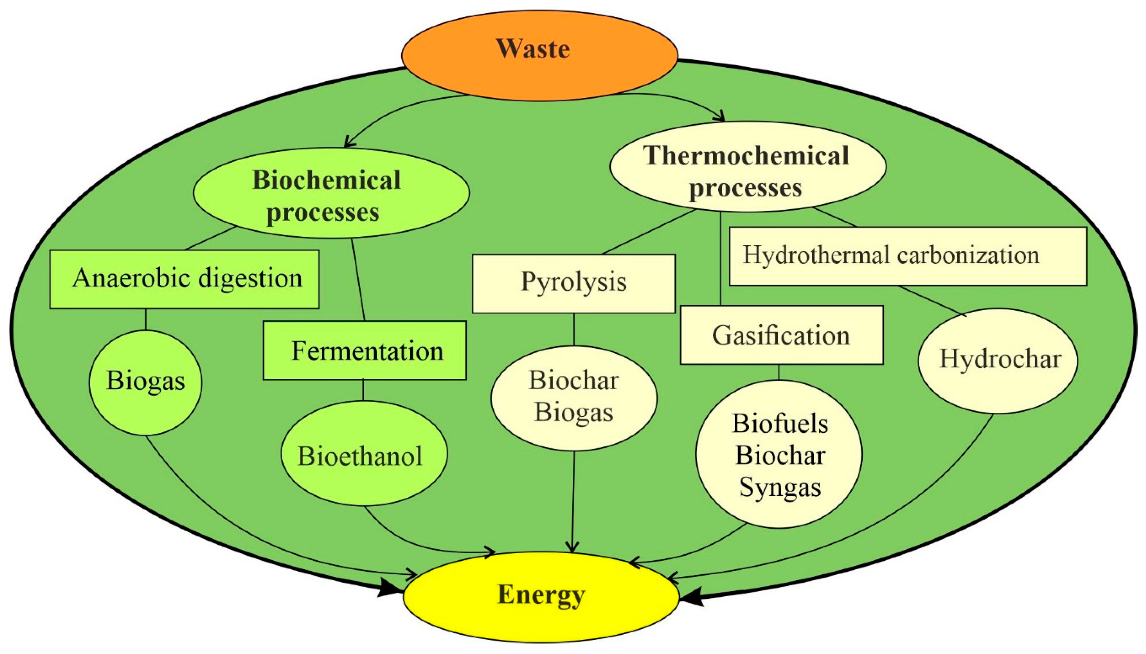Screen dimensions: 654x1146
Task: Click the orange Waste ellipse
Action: [x=539, y=54]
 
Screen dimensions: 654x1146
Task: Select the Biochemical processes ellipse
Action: [x=331, y=193]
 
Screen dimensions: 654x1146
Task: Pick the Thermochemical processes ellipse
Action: [x=747, y=166]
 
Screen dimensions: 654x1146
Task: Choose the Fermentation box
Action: [x=365, y=350]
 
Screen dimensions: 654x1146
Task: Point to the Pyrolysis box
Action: [x=573, y=283]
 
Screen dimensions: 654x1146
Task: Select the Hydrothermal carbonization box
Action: [x=907, y=256]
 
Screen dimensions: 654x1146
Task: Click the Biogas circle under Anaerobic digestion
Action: [x=146, y=382]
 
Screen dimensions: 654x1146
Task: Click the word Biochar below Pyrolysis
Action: [x=573, y=381]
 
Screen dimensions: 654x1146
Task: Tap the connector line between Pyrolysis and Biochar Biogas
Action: [x=573, y=329]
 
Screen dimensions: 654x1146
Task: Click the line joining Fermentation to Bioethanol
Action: [x=363, y=390]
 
